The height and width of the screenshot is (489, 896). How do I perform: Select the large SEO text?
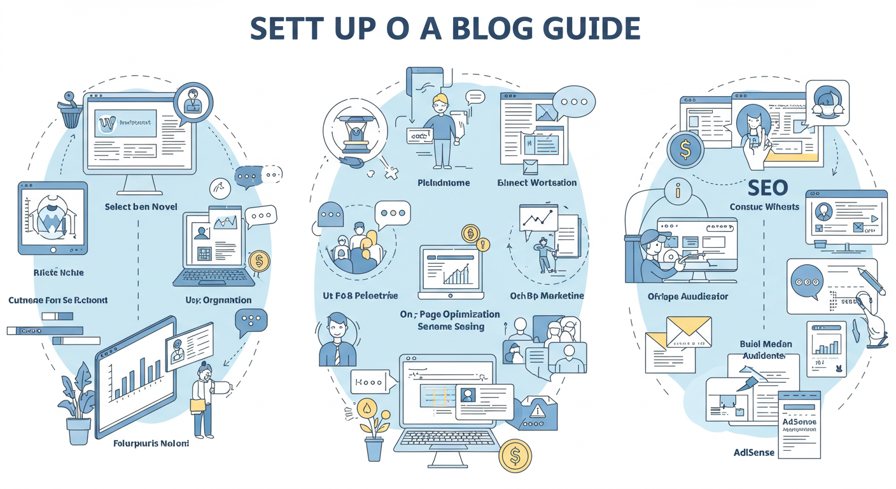tap(767, 187)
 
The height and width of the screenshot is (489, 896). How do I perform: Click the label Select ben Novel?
tap(141, 206)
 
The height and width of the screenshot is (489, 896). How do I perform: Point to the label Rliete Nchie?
tap(59, 273)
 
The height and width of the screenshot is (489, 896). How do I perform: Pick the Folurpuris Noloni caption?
tap(151, 443)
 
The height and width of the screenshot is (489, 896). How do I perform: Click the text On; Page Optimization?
tap(450, 315)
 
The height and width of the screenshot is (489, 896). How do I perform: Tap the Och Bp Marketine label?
tap(547, 295)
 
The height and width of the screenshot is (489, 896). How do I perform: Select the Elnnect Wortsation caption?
tap(536, 183)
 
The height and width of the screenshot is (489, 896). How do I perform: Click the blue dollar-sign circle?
tap(685, 150)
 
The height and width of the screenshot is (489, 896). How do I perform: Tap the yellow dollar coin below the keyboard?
tap(515, 456)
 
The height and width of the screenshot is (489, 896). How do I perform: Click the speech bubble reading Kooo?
tap(369, 383)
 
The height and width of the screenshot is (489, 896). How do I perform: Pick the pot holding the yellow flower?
tap(374, 448)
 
